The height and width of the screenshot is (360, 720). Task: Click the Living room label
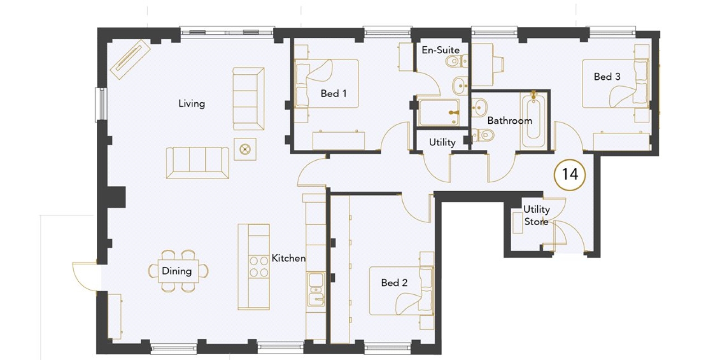pyautogui.click(x=192, y=103)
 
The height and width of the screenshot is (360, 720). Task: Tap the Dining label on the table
pyautogui.click(x=177, y=271)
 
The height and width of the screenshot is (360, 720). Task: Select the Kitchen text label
pyautogui.click(x=288, y=258)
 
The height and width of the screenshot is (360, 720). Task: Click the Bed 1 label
pyautogui.click(x=333, y=94)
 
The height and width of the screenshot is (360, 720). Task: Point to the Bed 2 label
pyautogui.click(x=394, y=283)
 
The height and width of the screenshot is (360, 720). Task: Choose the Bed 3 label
pyautogui.click(x=607, y=76)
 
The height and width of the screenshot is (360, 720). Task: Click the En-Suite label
pyautogui.click(x=441, y=50)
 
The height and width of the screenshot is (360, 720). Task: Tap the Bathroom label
pyautogui.click(x=509, y=121)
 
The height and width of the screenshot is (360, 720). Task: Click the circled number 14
pyautogui.click(x=570, y=175)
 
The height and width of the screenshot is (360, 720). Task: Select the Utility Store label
pyautogui.click(x=536, y=216)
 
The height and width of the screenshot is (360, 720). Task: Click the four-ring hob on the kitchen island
pyautogui.click(x=259, y=266)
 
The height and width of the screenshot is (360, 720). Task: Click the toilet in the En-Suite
pyautogui.click(x=457, y=61)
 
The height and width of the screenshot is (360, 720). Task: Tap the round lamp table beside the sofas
pyautogui.click(x=245, y=149)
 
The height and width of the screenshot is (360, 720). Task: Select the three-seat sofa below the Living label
pyautogui.click(x=198, y=162)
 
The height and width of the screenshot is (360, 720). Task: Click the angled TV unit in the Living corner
pyautogui.click(x=130, y=59)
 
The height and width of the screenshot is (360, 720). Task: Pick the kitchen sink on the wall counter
pyautogui.click(x=316, y=289)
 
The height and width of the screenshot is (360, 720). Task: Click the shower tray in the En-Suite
pyautogui.click(x=439, y=112)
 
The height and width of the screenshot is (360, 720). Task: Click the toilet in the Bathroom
pyautogui.click(x=482, y=135)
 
